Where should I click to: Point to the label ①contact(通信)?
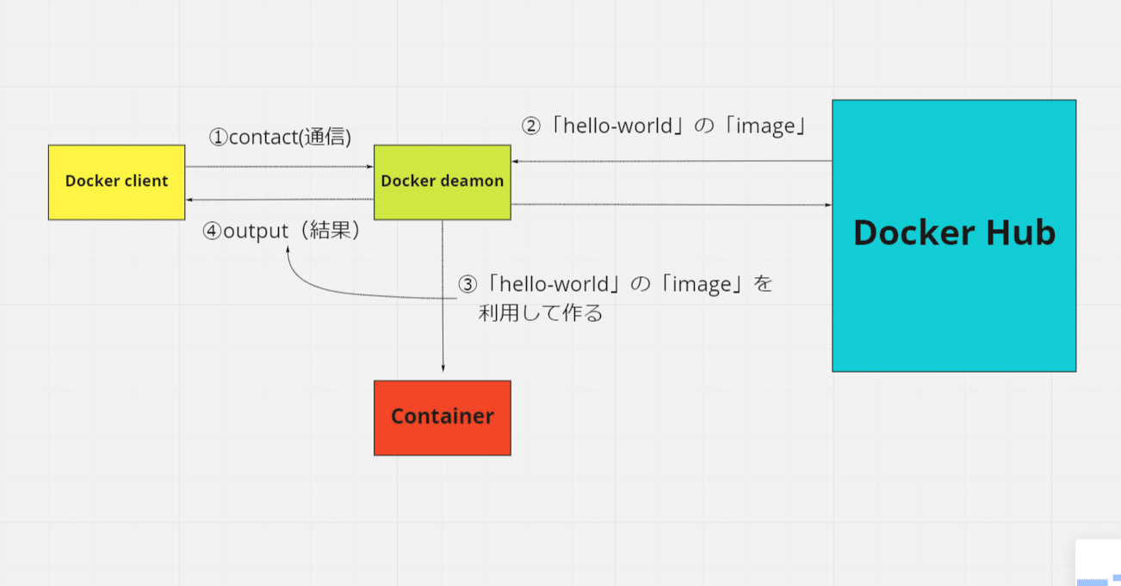(x=281, y=137)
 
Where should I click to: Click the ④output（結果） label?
(x=281, y=231)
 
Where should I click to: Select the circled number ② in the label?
(x=531, y=126)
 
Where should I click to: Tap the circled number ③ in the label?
(x=467, y=285)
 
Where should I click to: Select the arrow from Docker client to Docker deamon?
(x=280, y=167)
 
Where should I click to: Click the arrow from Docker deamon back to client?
(x=280, y=200)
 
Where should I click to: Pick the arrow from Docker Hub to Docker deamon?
(x=672, y=161)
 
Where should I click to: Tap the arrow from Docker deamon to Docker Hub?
(x=672, y=205)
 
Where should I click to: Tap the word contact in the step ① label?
(x=263, y=137)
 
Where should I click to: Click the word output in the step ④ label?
(x=255, y=231)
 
